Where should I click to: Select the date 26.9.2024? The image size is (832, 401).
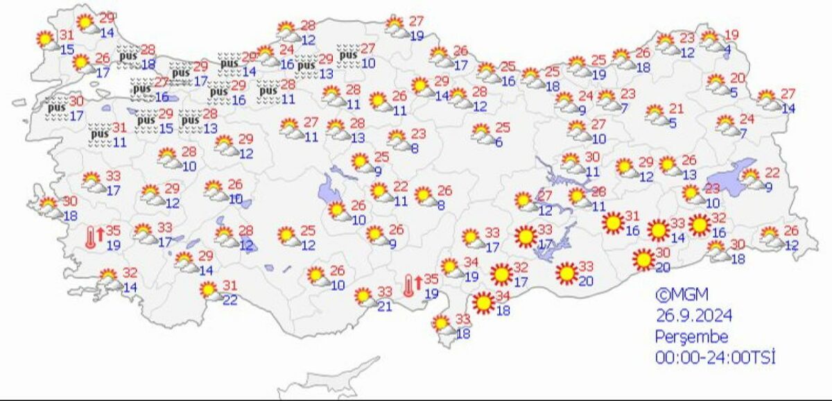tap(694, 316)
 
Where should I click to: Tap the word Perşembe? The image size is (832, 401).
tap(692, 337)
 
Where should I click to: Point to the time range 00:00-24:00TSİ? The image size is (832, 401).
tap(714, 358)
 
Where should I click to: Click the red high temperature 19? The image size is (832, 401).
tap(732, 35)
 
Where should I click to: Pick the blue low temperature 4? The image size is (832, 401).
tap(727, 49)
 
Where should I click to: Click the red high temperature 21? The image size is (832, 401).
tap(676, 109)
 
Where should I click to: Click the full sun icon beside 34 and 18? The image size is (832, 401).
tap(484, 303)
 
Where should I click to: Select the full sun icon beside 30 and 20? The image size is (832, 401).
tap(643, 260)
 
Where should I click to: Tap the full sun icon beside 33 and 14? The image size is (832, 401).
tap(658, 230)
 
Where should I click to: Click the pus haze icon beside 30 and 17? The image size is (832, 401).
tap(55, 108)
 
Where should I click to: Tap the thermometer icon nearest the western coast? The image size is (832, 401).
tap(91, 238)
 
